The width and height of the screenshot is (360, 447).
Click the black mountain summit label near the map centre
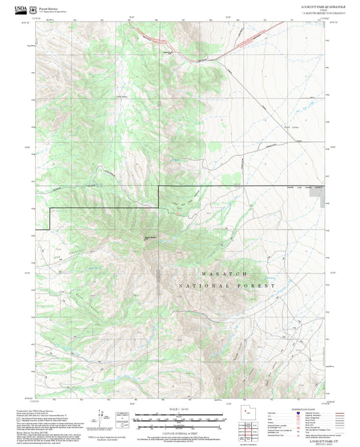[149, 237]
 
